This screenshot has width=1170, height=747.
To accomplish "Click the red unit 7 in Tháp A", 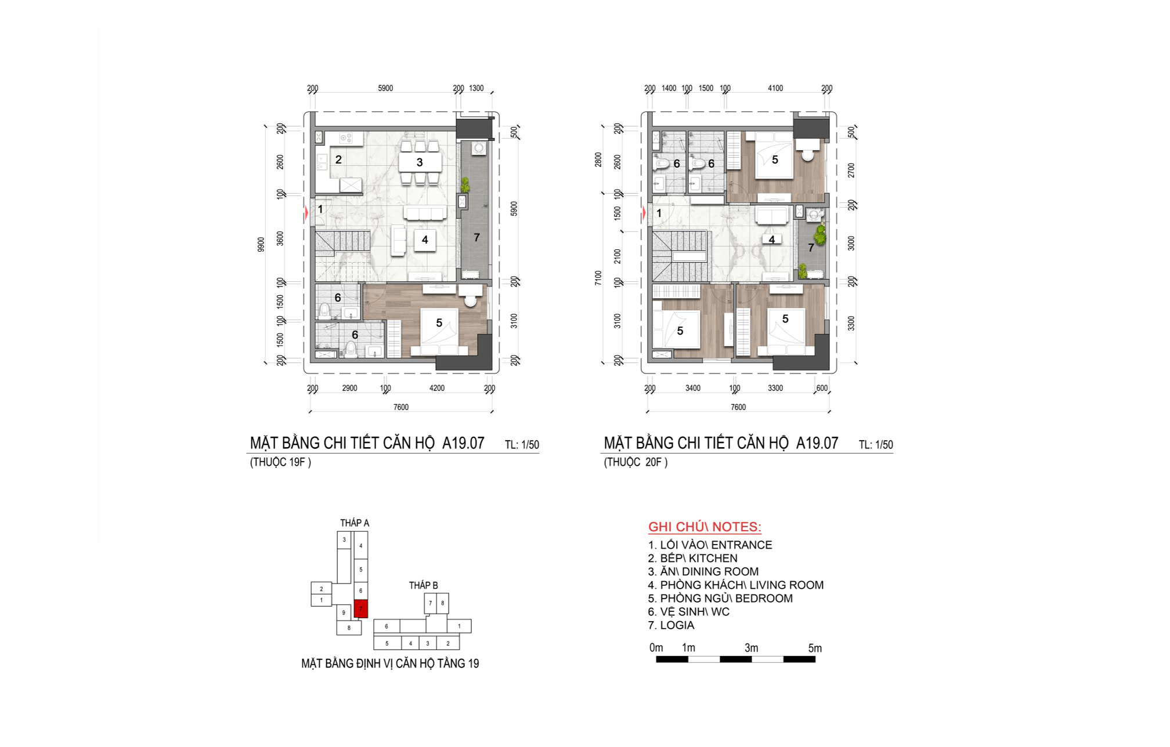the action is (361, 608).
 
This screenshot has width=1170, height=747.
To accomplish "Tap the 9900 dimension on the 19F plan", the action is (261, 244).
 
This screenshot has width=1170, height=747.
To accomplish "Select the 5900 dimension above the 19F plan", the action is (385, 88).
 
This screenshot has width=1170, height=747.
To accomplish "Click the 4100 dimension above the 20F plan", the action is (775, 88).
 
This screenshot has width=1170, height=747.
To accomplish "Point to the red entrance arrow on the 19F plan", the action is (306, 213).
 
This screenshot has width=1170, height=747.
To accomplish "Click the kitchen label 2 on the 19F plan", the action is (338, 159).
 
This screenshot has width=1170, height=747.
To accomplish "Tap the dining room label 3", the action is (420, 162).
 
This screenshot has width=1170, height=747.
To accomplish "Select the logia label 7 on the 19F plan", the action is (476, 237).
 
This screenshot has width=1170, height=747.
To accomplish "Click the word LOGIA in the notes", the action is (677, 625).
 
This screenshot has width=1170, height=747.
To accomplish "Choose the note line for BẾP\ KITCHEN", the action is (693, 558).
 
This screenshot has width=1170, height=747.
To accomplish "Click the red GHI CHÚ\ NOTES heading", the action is (705, 527).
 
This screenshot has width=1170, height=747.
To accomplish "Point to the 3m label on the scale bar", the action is (751, 648).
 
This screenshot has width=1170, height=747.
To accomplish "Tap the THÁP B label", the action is (424, 585).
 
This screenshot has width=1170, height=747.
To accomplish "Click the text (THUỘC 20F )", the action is (635, 462).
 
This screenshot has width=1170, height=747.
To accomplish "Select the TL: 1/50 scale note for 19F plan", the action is (522, 445).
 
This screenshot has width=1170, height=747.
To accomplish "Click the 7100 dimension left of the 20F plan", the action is (598, 278).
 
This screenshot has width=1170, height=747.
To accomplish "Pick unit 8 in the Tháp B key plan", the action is (442, 603).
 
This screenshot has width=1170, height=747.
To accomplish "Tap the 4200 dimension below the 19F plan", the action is (436, 388).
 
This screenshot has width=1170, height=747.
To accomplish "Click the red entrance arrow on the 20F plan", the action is (644, 213).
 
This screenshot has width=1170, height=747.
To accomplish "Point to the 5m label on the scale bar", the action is (815, 648).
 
